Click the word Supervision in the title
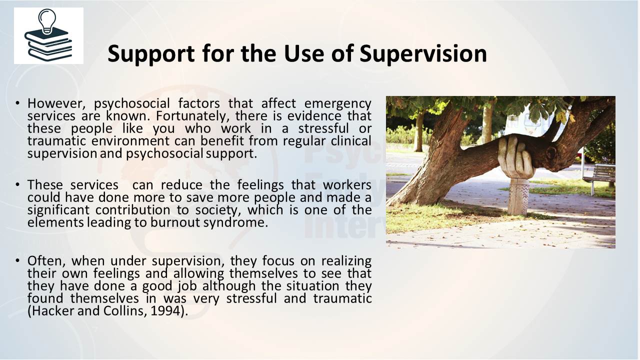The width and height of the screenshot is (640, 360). click(x=423, y=53)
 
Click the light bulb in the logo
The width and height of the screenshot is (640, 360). click(x=47, y=21)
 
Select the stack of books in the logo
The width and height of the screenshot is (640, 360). click(x=48, y=45)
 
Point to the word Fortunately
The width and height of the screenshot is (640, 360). click(x=193, y=116)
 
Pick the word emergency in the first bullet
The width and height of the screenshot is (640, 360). click(x=337, y=104)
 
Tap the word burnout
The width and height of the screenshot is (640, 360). click(x=175, y=222)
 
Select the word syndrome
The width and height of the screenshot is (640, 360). click(x=235, y=223)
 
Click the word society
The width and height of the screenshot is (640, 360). click(x=217, y=210)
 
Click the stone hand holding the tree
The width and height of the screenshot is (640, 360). click(x=516, y=157)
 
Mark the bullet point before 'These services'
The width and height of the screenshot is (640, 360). click(x=17, y=184)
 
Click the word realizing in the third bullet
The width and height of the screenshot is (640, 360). click(x=346, y=261)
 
